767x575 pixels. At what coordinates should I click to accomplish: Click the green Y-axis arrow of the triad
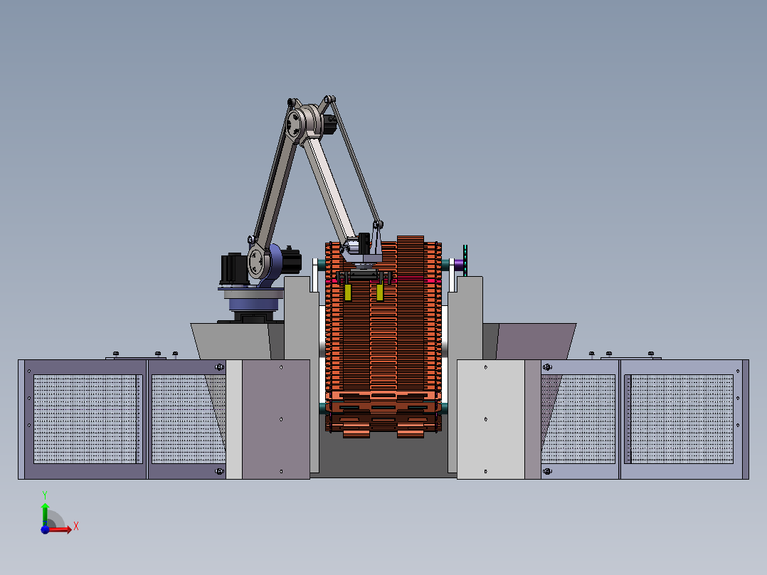[45, 514]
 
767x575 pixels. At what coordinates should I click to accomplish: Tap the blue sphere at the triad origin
[45, 529]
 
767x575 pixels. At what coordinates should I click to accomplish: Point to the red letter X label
[76, 527]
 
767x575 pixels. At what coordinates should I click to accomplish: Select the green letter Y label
[45, 495]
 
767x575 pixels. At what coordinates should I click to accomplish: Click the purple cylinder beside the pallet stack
[459, 265]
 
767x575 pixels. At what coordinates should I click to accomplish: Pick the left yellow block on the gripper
[348, 292]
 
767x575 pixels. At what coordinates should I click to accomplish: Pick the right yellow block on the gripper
[380, 292]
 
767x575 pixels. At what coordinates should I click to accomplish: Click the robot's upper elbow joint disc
[295, 123]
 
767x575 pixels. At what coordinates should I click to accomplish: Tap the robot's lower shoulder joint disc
[256, 261]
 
